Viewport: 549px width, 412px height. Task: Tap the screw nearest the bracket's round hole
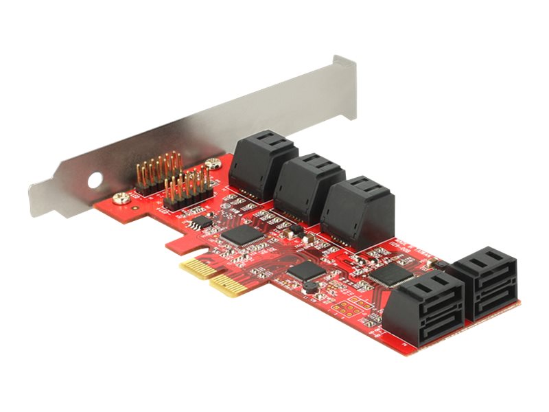(x=122, y=199)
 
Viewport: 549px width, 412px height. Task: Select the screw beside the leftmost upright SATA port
(x=215, y=163)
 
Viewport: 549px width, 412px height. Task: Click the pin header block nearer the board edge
(x=187, y=190)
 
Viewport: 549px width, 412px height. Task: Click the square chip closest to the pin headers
(x=243, y=235)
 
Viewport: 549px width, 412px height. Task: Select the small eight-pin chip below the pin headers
(x=200, y=223)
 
